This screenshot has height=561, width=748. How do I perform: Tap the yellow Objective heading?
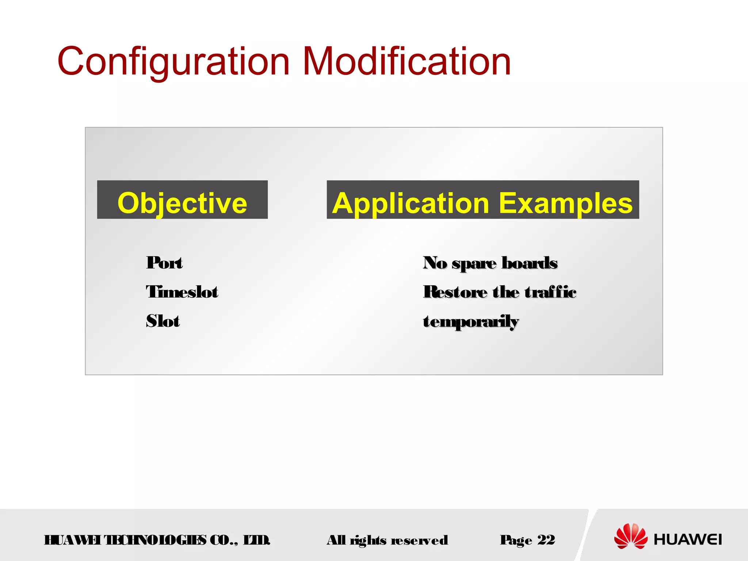pos(182,203)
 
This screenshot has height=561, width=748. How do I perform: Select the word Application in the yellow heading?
pos(411,203)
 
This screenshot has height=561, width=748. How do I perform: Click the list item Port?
pos(164,263)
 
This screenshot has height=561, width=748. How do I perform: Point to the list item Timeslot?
pos(182,292)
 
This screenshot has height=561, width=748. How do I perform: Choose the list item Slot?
pos(163,321)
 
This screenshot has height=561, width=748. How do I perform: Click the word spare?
pos(474,263)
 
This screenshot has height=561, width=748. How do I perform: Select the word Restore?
pos(455,292)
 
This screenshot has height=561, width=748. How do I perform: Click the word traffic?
pos(550,292)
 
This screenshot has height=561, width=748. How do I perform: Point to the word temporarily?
pos(471,322)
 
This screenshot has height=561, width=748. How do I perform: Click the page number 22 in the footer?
pos(546,539)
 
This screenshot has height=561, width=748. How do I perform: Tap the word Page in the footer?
pos(516,540)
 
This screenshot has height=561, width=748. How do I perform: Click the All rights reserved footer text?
pos(387,540)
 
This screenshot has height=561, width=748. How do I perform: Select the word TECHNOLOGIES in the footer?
pos(155,540)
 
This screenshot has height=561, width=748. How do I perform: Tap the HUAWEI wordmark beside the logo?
pos(688,539)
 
